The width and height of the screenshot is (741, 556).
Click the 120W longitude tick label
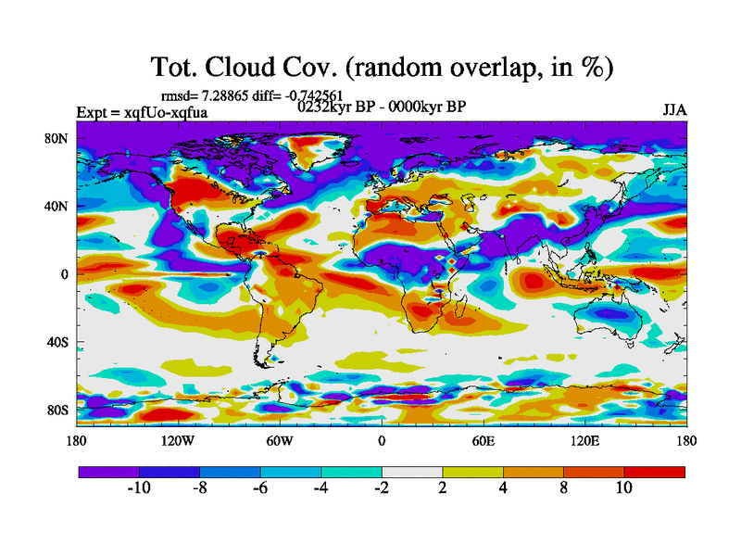coord(178,440)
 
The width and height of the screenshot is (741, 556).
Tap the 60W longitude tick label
coord(280,440)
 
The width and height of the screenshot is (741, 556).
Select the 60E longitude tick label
coord(483,440)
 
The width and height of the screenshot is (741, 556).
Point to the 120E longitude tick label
coord(584,440)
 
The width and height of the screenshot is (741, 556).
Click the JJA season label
coord(674,110)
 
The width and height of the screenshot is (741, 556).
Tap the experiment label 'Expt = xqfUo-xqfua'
coord(142,112)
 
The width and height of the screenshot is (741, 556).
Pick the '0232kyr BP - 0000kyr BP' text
coord(381,107)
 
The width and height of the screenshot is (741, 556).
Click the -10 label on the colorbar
coord(138,488)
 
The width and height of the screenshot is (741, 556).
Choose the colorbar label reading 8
coord(563,488)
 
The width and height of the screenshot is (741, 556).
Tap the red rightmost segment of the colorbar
coord(654,472)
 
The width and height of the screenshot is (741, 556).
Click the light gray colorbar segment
coord(411,472)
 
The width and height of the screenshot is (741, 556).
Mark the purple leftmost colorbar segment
coord(108,472)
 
